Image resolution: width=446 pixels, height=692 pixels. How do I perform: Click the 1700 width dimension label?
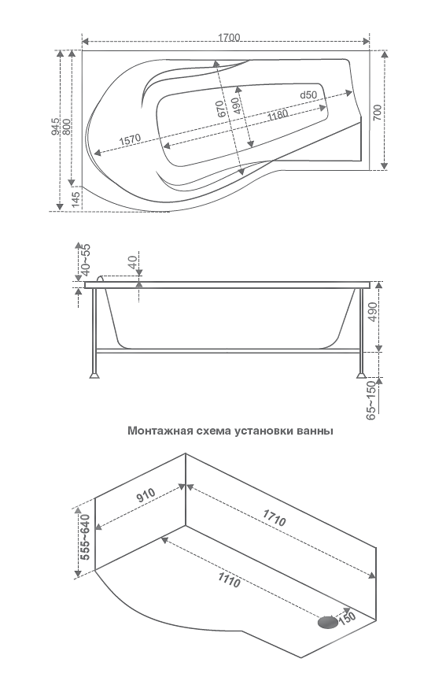click(x=229, y=38)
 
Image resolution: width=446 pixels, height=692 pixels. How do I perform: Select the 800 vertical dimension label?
click(x=66, y=127)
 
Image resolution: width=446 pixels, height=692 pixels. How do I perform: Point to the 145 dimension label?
click(x=76, y=200)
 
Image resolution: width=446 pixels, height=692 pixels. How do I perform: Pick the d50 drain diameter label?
click(x=308, y=94)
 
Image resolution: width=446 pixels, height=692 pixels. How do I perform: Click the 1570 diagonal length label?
click(x=130, y=140)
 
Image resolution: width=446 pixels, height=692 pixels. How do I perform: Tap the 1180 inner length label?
click(x=278, y=115)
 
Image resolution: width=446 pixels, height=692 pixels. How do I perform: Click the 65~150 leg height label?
click(x=370, y=400)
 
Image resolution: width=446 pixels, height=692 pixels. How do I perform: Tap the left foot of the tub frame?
click(x=94, y=376)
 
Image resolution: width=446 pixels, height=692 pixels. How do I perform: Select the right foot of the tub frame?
click(x=361, y=376)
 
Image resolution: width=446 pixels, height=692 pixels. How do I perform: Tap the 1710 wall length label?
click(x=275, y=518)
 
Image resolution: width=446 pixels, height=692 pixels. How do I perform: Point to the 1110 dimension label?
click(x=229, y=579)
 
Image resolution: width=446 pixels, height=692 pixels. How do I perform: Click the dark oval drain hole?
click(x=327, y=622)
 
